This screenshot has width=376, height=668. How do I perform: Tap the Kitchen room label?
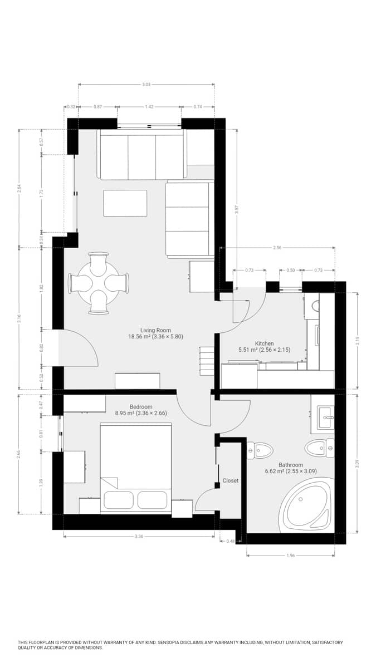coord(264,343)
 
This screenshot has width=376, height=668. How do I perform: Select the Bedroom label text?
coord(140,406)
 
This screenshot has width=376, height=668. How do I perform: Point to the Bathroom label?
coord(291,465)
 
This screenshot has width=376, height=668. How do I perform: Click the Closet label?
coord(230,480)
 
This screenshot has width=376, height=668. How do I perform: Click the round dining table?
coord(99,283)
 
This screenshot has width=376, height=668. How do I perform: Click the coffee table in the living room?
coord(125,203)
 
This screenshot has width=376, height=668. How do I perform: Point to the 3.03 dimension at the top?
coord(146,85)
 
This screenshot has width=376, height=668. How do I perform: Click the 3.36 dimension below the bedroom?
coord(139,537)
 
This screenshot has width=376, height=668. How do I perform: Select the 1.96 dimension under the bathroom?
coord(290,554)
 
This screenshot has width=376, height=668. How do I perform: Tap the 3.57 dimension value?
coord(237,209)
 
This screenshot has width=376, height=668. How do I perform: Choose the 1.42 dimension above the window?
coord(149,106)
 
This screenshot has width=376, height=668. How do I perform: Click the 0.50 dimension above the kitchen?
coord(291,270)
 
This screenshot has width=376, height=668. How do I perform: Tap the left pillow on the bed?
coord(118,499)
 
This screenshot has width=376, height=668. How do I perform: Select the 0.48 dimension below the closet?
coord(230,541)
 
